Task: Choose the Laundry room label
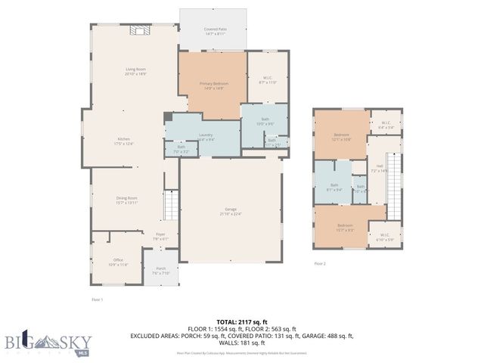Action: coord(206,137)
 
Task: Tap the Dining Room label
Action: coord(126,200)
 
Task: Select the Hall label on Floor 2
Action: coord(380,168)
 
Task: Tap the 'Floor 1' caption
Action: coord(96,299)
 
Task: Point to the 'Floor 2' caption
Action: coord(320,263)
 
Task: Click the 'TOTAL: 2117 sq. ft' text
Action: coord(241,321)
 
